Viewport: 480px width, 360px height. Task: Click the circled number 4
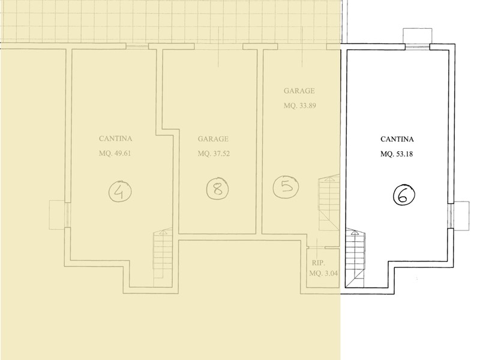[121, 190]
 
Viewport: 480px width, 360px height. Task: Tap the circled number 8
[217, 188]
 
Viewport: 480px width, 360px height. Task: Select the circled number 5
[286, 186]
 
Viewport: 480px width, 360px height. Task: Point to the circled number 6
[404, 194]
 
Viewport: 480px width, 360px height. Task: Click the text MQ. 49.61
[115, 154]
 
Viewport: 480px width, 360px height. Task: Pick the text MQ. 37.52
[214, 154]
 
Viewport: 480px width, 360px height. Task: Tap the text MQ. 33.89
[299, 106]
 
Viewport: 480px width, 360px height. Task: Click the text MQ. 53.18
[397, 154]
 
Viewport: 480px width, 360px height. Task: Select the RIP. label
[319, 263]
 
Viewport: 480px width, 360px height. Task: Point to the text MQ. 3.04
[323, 274]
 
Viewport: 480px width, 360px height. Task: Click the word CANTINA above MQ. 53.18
[397, 139]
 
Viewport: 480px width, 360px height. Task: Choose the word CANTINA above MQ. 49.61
[115, 139]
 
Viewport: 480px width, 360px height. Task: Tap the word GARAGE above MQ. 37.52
[213, 139]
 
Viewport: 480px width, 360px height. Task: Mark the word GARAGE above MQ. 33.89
[299, 91]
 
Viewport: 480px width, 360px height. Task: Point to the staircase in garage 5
[329, 203]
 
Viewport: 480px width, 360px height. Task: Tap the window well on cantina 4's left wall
[56, 215]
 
